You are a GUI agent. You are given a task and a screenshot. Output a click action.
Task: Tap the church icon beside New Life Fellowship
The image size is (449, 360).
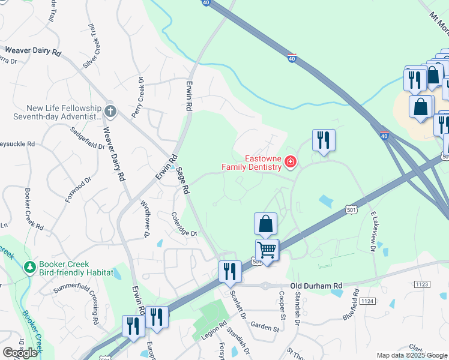110,111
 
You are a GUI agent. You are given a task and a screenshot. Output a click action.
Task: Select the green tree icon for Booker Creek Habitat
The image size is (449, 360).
28,266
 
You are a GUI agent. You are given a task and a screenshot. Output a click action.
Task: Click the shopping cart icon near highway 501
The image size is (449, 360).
267,249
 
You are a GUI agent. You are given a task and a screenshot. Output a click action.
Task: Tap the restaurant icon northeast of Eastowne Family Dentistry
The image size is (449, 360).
324,140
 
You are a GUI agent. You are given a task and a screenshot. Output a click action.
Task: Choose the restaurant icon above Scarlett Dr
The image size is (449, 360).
230,271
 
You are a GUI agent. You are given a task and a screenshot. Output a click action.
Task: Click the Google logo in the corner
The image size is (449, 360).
20,353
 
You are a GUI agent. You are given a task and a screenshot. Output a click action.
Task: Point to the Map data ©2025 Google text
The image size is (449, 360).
411,355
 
